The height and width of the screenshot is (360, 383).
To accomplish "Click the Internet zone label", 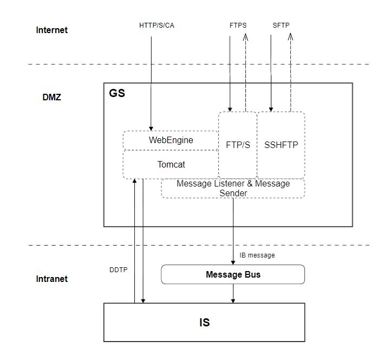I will (52, 30).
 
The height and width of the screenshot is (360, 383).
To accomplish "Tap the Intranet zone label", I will (52, 279).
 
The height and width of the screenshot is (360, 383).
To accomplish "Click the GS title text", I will (117, 93).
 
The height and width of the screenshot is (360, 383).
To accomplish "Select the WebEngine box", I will (171, 140).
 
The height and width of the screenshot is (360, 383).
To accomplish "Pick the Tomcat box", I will (171, 164).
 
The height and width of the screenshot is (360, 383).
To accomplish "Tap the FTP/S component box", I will (237, 145).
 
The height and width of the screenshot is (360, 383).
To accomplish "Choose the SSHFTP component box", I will (281, 145).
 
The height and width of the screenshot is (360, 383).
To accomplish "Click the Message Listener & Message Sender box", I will (233, 188).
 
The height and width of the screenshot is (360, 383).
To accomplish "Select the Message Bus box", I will (233, 274).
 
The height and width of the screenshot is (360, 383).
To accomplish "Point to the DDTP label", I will (119, 269).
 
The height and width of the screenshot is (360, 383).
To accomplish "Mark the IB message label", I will (257, 255).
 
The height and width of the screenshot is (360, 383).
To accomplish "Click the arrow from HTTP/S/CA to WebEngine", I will (151, 81).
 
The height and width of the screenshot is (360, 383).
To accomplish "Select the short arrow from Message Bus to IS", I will (233, 293).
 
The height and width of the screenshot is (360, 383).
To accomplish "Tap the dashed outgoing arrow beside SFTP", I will (290, 70).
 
